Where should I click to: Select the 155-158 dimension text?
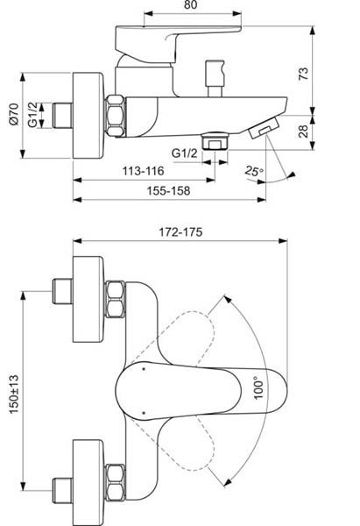[x=163, y=189]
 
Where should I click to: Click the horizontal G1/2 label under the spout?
[x=185, y=153]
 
